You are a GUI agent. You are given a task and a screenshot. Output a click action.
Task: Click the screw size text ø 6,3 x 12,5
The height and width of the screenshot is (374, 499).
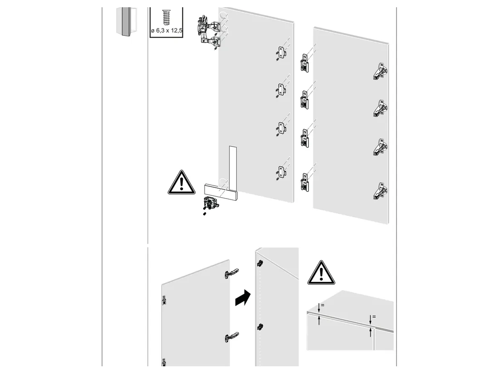(x=167, y=31)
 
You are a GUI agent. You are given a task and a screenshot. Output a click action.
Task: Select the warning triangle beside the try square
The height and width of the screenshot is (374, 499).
(x=181, y=183)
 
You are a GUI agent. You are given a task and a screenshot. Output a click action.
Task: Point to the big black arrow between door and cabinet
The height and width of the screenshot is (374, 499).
(x=243, y=298)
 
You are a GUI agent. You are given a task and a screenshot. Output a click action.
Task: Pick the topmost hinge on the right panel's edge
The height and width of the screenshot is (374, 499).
(x=380, y=71)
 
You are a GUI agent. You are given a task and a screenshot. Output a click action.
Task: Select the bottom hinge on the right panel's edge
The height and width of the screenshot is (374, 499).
(x=380, y=191)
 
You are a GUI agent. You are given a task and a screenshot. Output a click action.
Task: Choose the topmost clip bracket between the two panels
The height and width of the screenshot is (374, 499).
(x=304, y=63)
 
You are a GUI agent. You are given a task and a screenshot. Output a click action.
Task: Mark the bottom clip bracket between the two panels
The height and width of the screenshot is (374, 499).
(x=304, y=182)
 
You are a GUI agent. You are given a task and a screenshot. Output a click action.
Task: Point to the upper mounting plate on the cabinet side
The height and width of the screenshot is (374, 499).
(x=260, y=263)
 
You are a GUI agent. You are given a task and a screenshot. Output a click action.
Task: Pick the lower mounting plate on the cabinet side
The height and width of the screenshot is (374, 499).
(x=260, y=326)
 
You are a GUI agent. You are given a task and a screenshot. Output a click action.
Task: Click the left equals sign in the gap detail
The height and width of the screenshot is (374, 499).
(x=323, y=305)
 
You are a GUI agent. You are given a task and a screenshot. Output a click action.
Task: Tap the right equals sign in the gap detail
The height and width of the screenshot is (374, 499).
(x=374, y=316)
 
